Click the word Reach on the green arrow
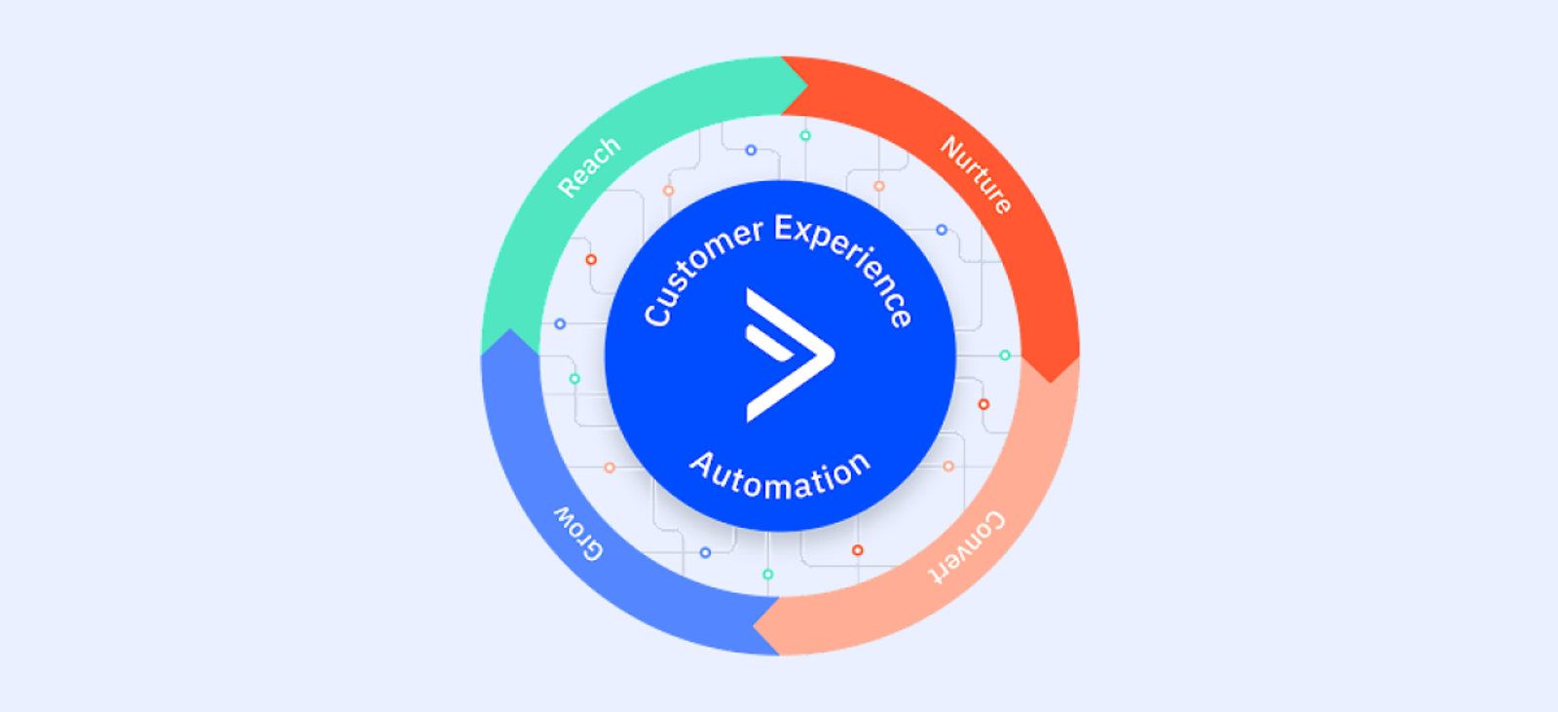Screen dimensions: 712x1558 click(588, 167)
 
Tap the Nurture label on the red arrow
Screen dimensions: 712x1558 click(976, 174)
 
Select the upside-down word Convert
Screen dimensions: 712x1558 click(966, 547)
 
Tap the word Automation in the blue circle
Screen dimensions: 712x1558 click(780, 475)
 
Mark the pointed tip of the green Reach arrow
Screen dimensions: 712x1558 click(807, 86)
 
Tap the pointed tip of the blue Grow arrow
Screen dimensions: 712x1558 click(509, 330)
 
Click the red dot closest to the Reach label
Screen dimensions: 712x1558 click(591, 260)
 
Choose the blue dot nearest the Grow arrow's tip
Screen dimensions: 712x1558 click(560, 323)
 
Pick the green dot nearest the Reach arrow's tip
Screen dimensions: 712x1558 click(805, 135)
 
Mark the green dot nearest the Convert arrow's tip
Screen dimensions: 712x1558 click(768, 575)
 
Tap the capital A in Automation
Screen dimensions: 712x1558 click(702, 464)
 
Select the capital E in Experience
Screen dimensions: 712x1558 click(785, 230)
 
